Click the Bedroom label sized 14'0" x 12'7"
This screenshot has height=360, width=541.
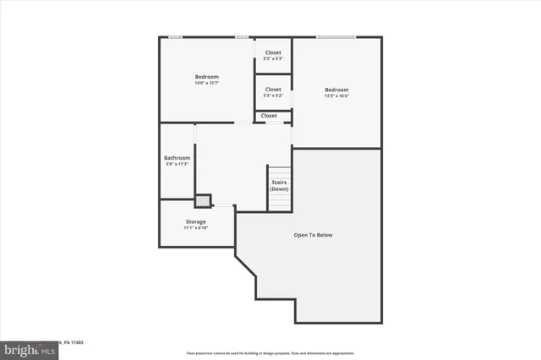pyautogui.click(x=206, y=77)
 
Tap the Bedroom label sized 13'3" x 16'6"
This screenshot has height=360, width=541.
pyautogui.click(x=336, y=90)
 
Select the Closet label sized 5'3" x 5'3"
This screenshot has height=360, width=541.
pyautogui.click(x=273, y=53)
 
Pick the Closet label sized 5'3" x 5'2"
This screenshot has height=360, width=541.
pyautogui.click(x=273, y=90)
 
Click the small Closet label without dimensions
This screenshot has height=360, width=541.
pyautogui.click(x=269, y=116)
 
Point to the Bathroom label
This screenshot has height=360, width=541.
pyautogui.click(x=177, y=158)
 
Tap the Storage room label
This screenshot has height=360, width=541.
pyautogui.click(x=195, y=222)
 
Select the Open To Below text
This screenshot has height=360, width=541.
pyautogui.click(x=313, y=234)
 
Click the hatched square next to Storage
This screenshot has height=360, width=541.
pyautogui.click(x=203, y=201)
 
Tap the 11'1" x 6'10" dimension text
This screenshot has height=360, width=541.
pyautogui.click(x=195, y=228)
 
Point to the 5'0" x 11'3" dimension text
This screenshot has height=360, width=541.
pyautogui.click(x=177, y=164)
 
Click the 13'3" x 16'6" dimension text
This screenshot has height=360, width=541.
pyautogui.click(x=336, y=96)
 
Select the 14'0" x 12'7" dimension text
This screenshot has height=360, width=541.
pyautogui.click(x=206, y=83)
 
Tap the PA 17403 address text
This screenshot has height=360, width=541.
pyautogui.click(x=74, y=341)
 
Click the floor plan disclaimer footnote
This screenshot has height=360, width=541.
pyautogui.click(x=270, y=352)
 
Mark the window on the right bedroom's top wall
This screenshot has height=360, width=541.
pyautogui.click(x=336, y=36)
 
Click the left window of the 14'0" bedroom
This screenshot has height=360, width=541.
pyautogui.click(x=175, y=36)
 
